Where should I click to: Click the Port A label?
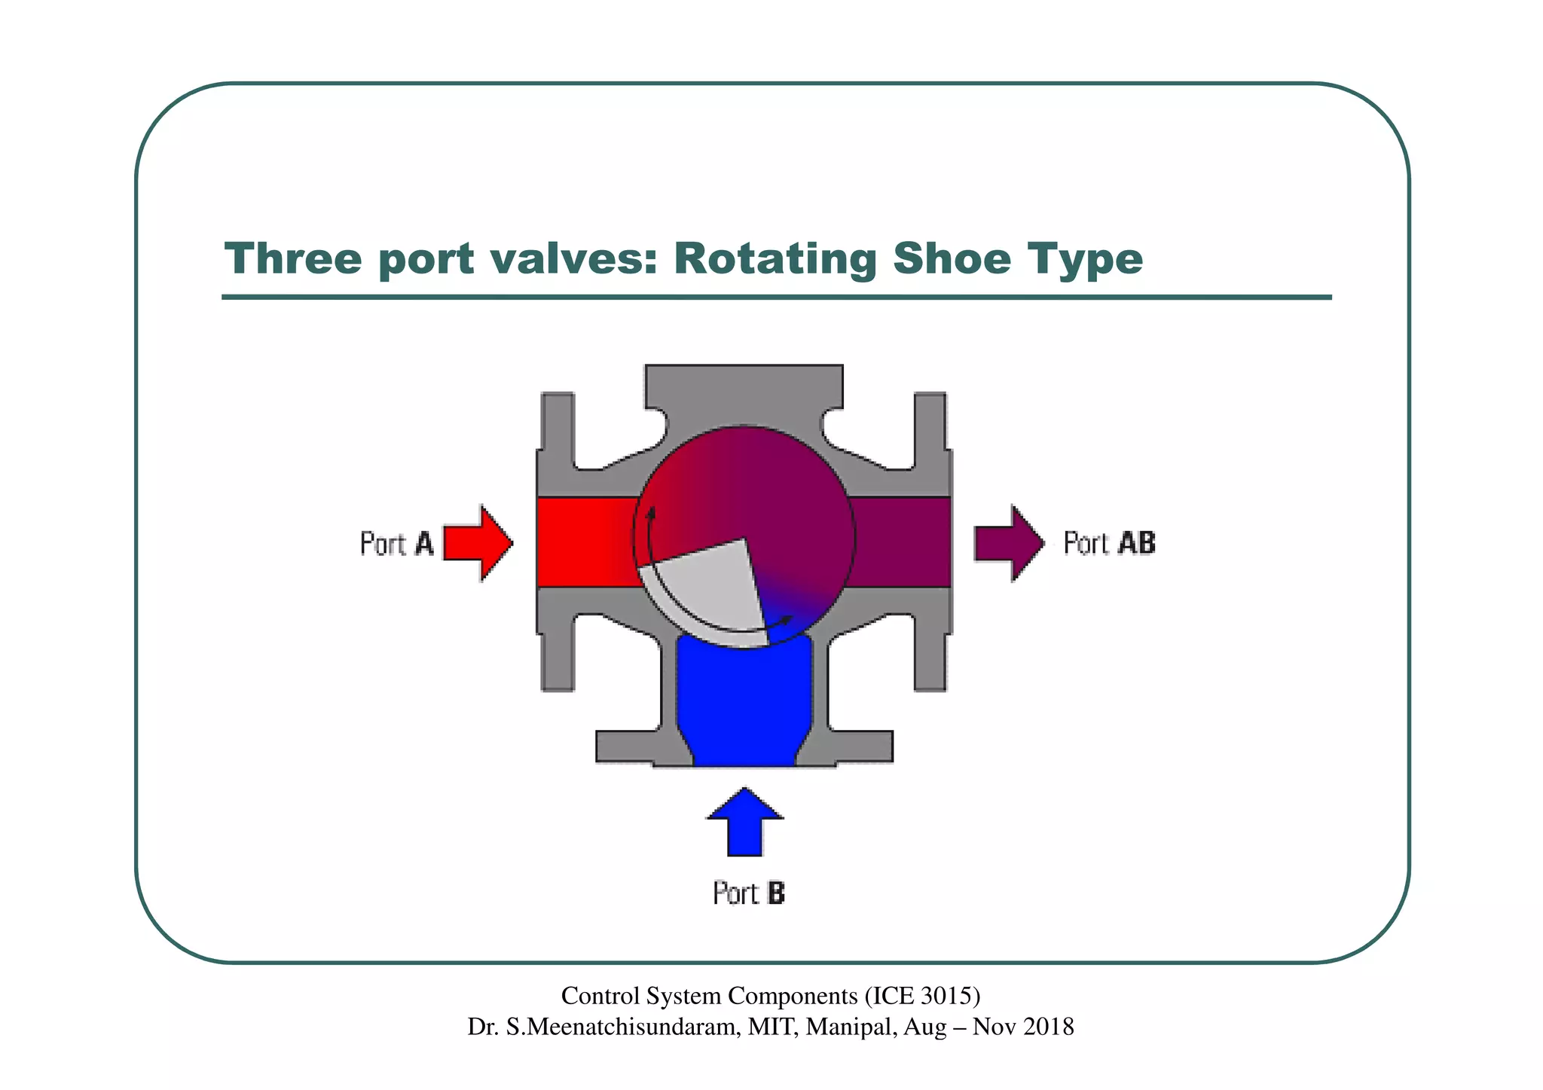[397, 543]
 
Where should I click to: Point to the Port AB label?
[1109, 543]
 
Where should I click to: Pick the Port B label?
[749, 893]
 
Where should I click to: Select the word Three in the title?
[293, 259]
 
